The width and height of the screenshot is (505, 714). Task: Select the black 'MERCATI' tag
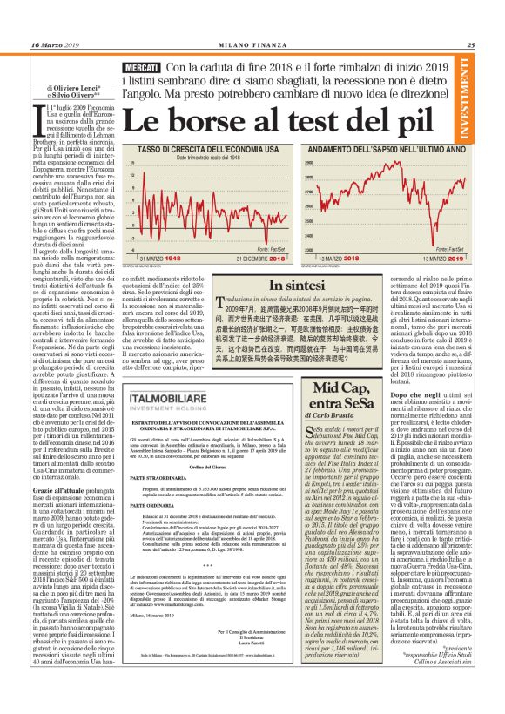(x=141, y=67)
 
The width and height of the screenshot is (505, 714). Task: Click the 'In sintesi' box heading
(x=300, y=285)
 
